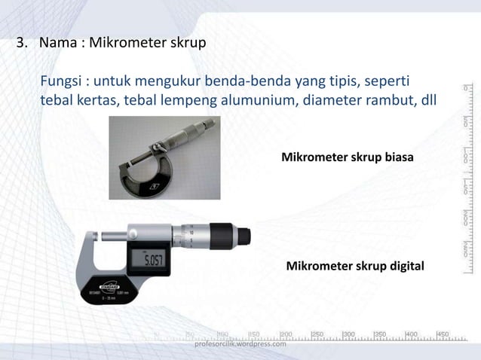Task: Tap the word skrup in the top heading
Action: (188, 43)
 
